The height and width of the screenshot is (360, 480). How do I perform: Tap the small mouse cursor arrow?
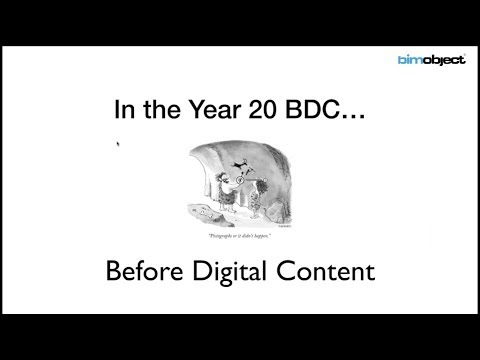click(119, 144)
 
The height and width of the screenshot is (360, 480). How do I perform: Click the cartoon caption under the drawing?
click(241, 235)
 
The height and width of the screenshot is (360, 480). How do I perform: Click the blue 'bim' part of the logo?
click(410, 60)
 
